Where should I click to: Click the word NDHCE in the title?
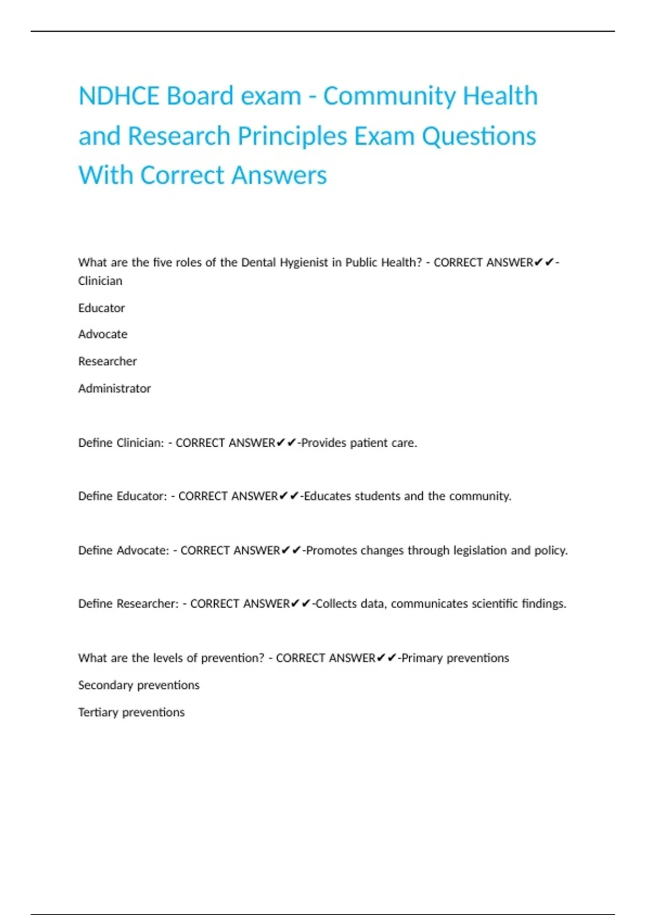tap(118, 96)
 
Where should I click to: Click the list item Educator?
tap(101, 308)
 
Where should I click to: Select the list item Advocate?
tap(103, 334)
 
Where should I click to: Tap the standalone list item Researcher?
tap(107, 361)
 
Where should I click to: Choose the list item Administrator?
tap(114, 388)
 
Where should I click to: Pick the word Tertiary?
tap(98, 712)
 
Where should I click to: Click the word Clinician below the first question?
tap(100, 281)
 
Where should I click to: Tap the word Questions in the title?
tap(479, 136)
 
